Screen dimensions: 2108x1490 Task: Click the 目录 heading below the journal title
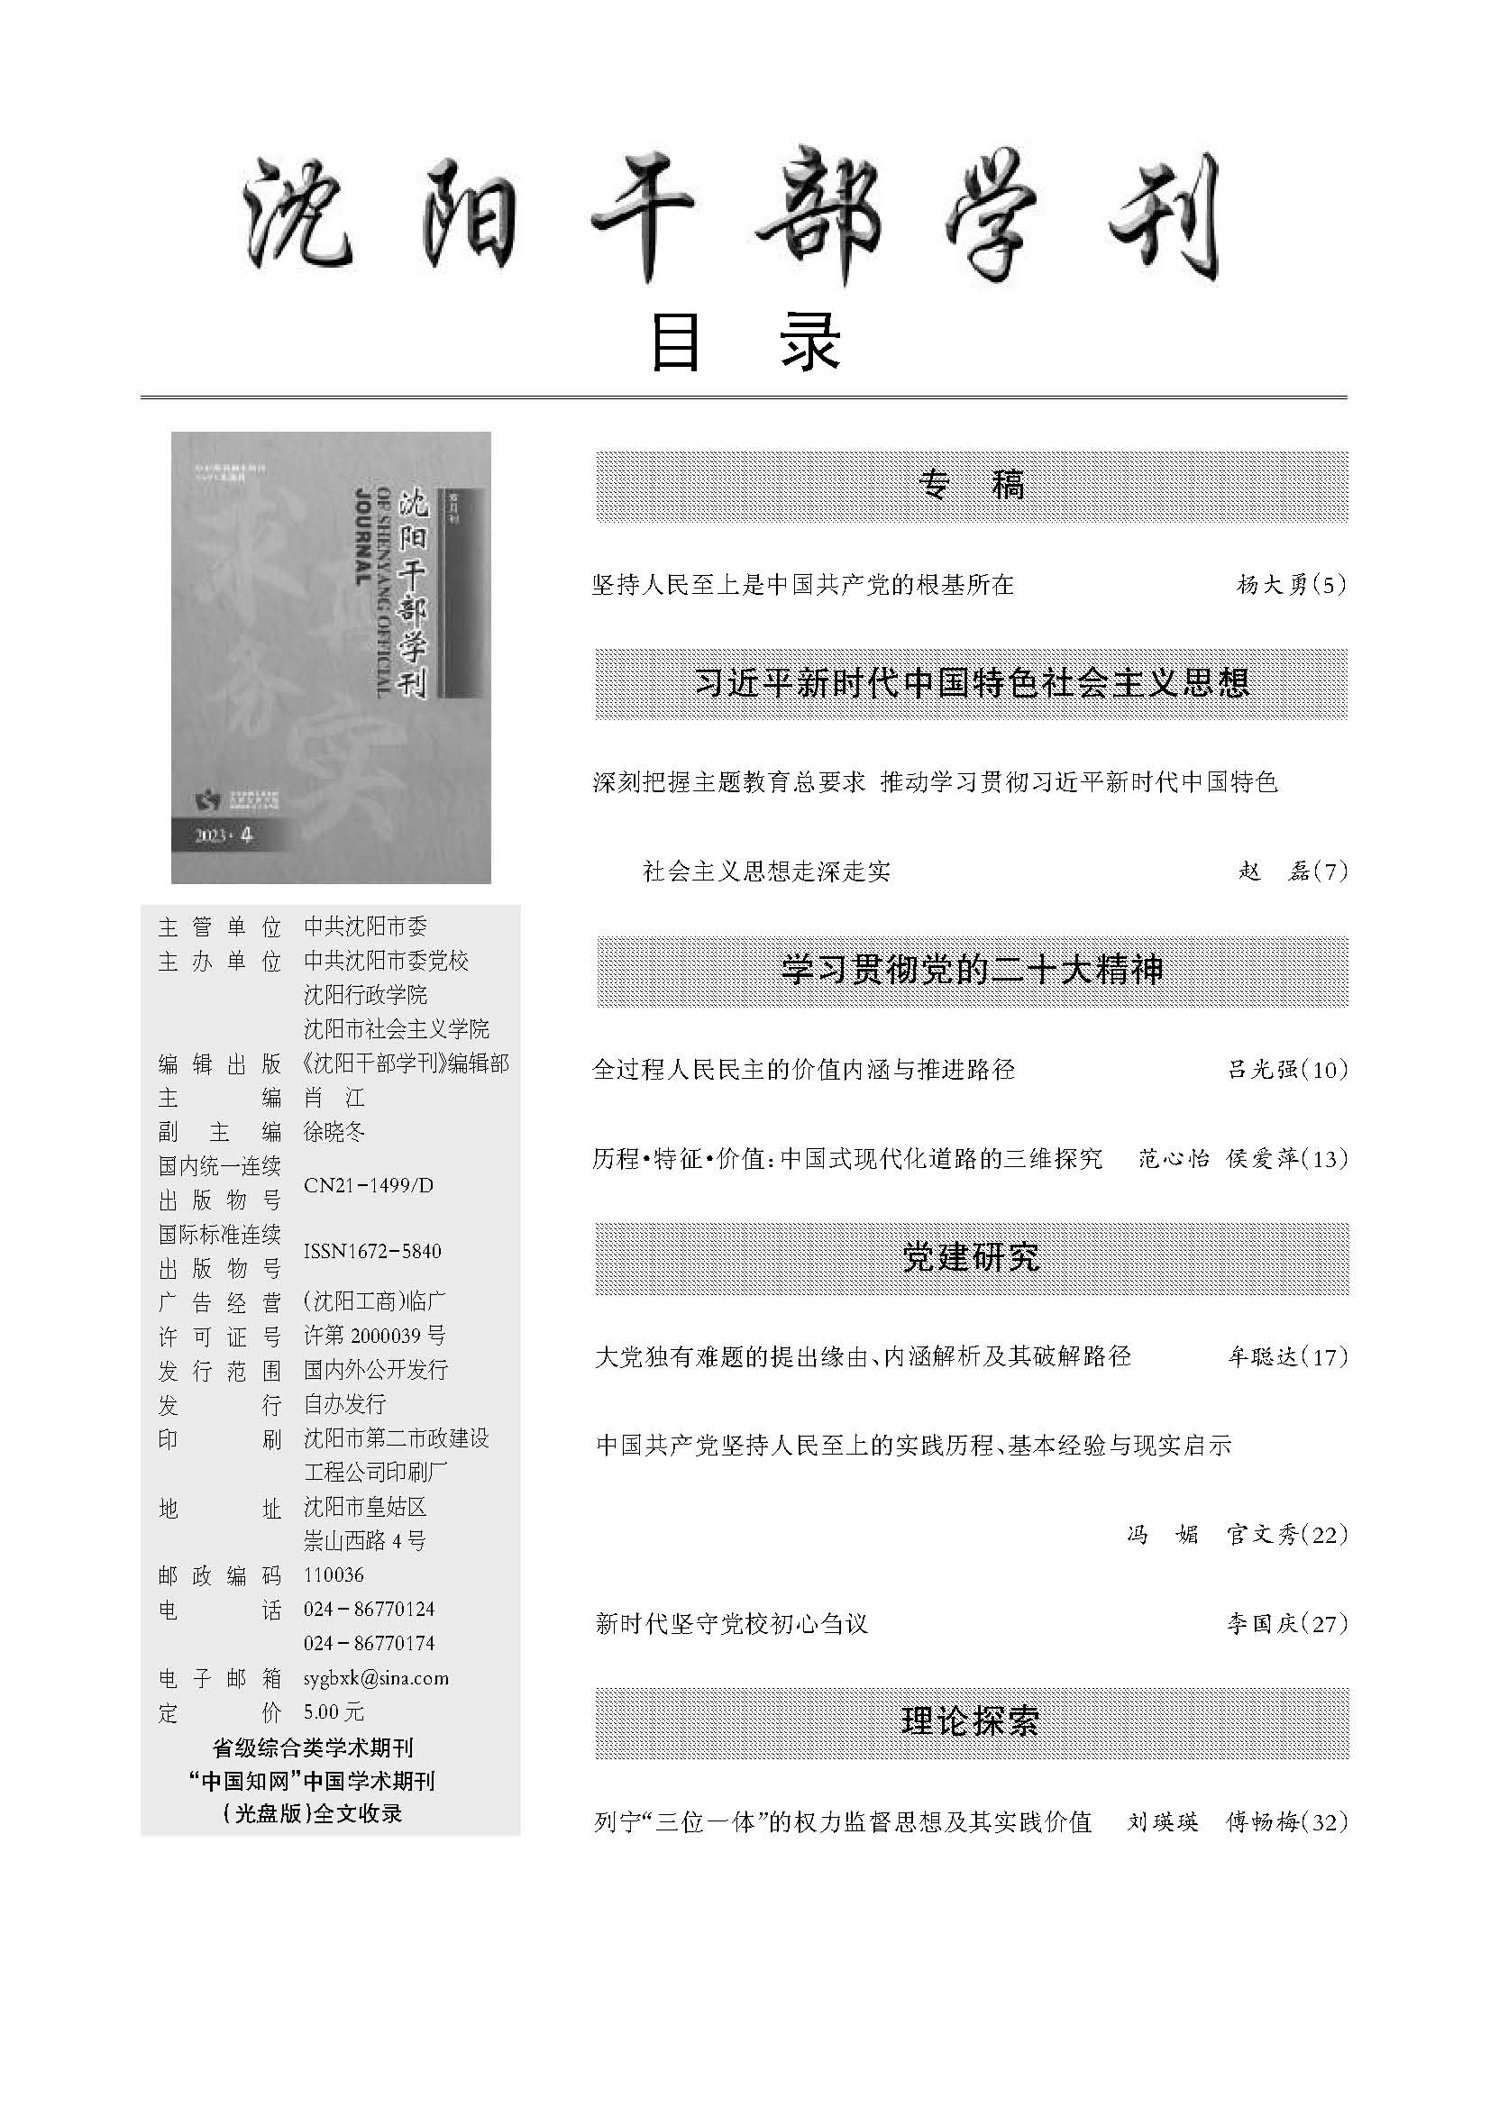[745, 342]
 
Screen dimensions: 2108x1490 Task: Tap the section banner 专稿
[972, 485]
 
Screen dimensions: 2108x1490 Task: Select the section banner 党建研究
[972, 1257]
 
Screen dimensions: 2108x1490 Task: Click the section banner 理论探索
[972, 1721]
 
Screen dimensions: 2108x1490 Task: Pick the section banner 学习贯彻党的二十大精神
[972, 971]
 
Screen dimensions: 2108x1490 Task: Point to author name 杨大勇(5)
[1291, 585]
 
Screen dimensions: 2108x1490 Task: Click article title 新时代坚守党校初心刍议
[731, 1624]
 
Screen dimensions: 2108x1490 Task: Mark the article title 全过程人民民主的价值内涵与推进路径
[803, 1070]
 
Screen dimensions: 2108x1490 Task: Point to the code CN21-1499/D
[368, 1185]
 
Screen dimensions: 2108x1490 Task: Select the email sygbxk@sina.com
[376, 1678]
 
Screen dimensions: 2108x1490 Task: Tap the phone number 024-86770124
[368, 1609]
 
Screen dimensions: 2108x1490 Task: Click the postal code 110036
[334, 1574]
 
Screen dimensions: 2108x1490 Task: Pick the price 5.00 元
[334, 1712]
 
